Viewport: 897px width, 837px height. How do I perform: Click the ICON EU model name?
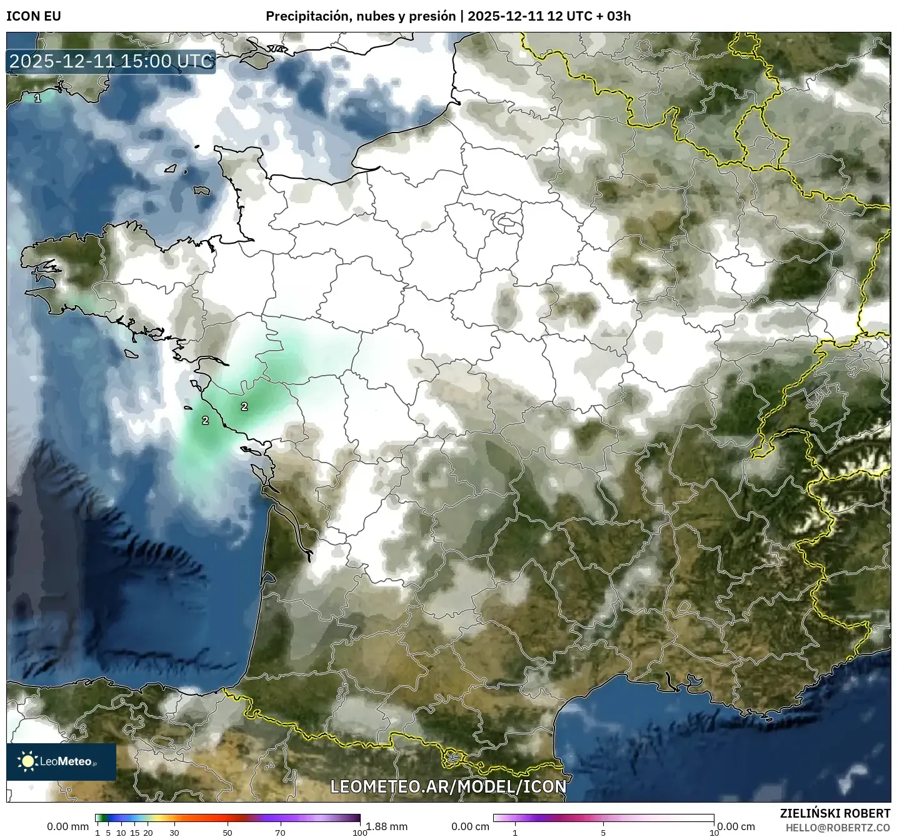click(x=34, y=16)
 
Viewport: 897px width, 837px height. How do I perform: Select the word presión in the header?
click(x=432, y=16)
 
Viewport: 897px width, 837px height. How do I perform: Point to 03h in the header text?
click(x=618, y=16)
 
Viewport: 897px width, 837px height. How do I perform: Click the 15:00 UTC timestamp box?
click(x=111, y=61)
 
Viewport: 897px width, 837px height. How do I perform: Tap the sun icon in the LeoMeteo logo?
click(x=28, y=761)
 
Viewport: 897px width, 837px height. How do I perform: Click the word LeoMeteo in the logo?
click(x=66, y=761)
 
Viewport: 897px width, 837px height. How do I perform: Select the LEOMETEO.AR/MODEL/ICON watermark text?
click(x=448, y=786)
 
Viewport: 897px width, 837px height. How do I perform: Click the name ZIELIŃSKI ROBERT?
click(x=835, y=813)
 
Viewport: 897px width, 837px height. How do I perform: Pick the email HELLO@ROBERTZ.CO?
click(x=838, y=828)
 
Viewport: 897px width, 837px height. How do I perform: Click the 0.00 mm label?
click(x=68, y=826)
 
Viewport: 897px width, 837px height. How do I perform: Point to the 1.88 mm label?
click(x=387, y=826)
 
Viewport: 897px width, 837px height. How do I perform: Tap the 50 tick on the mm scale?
click(x=228, y=832)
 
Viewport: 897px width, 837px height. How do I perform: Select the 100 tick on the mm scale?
click(x=360, y=832)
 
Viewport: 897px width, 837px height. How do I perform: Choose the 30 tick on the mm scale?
click(x=174, y=832)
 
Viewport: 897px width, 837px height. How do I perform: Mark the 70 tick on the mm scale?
click(x=280, y=832)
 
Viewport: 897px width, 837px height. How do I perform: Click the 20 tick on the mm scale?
click(x=148, y=832)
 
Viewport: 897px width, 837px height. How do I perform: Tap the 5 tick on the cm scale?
click(x=603, y=832)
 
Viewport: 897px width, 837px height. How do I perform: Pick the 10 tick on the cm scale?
click(x=714, y=832)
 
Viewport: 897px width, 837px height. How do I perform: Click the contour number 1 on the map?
click(x=38, y=98)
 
